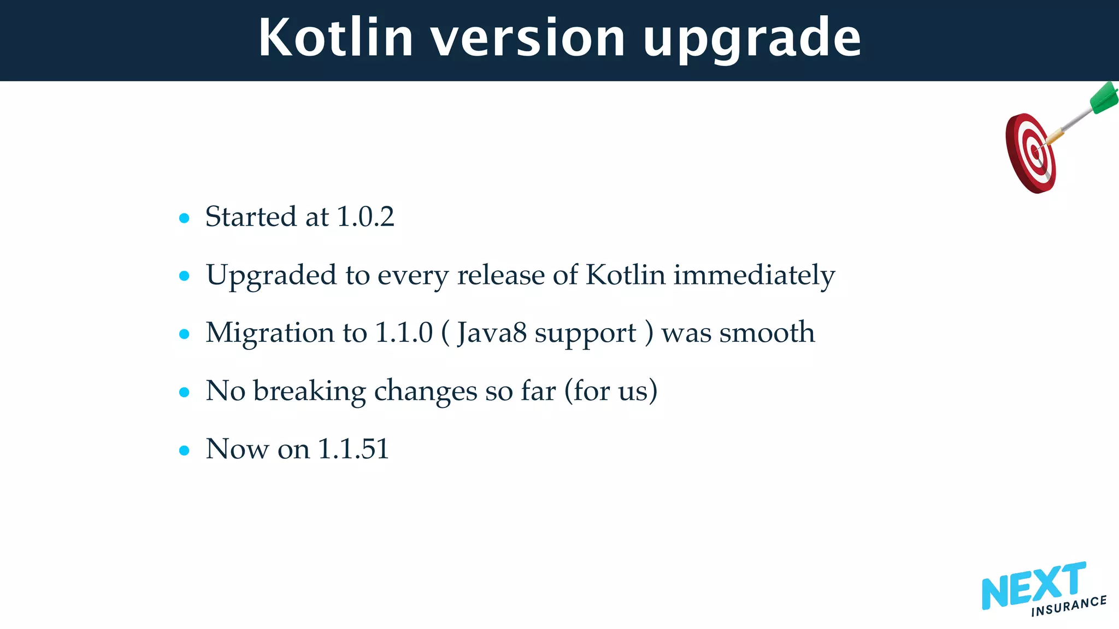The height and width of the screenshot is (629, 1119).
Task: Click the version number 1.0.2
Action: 365,217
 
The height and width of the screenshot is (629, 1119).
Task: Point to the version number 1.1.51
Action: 353,449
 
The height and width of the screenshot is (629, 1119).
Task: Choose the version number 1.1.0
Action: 404,333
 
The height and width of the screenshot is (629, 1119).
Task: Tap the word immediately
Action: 754,275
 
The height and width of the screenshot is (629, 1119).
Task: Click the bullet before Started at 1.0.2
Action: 184,218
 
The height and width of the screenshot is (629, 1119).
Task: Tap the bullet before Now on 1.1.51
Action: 184,450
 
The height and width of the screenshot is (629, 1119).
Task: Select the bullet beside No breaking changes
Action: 184,392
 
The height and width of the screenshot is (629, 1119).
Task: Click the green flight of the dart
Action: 1104,98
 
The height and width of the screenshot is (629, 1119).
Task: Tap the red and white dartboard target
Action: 1030,153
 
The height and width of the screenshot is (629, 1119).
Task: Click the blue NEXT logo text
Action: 1033,586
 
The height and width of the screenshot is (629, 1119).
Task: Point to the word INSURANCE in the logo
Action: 1069,606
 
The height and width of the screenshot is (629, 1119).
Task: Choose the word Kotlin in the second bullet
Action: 625,275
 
